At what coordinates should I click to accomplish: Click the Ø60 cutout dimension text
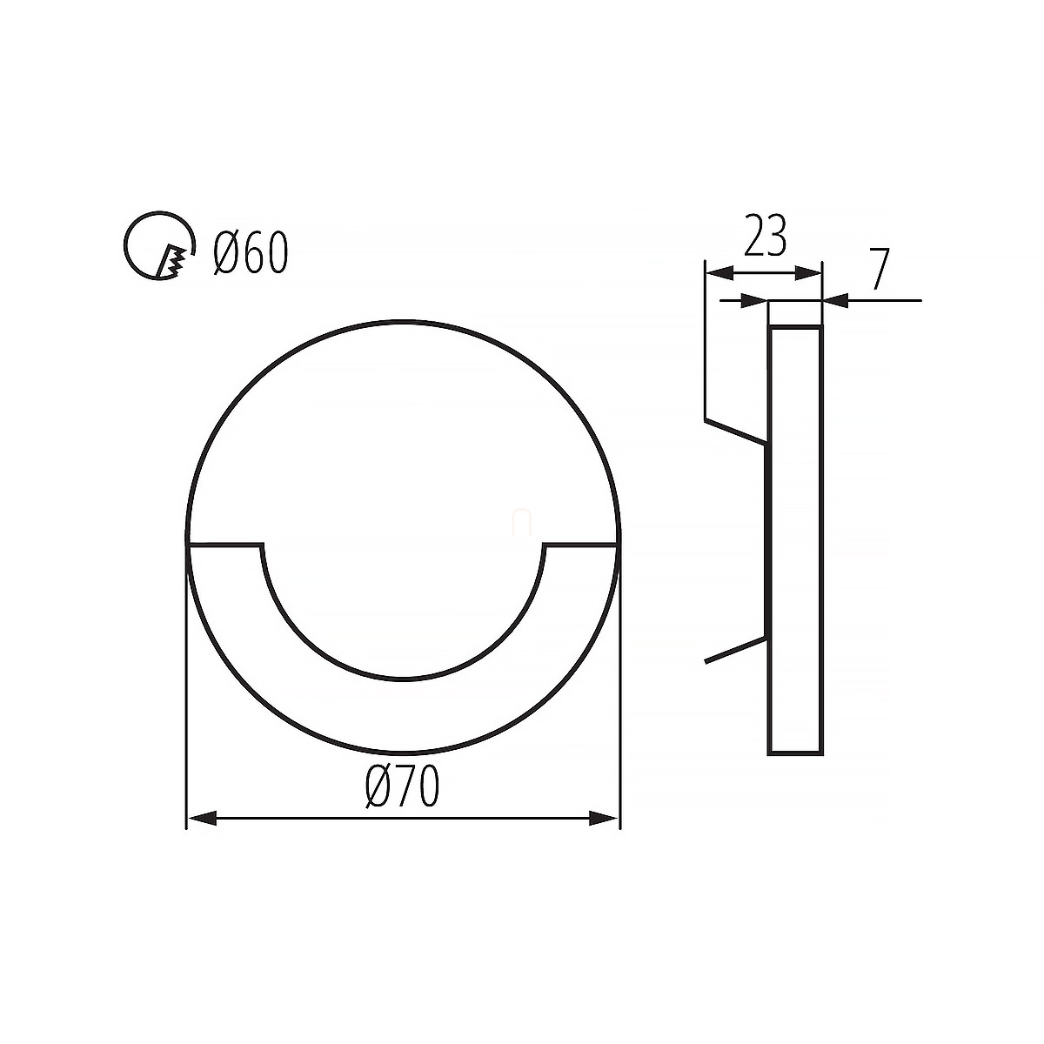251,252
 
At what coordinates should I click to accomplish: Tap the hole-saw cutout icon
158,245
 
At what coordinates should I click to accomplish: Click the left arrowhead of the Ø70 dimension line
202,833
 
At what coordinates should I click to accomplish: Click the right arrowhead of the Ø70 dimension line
604,833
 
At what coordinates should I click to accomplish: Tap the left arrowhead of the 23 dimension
719,273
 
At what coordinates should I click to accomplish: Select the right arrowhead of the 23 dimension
808,273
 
